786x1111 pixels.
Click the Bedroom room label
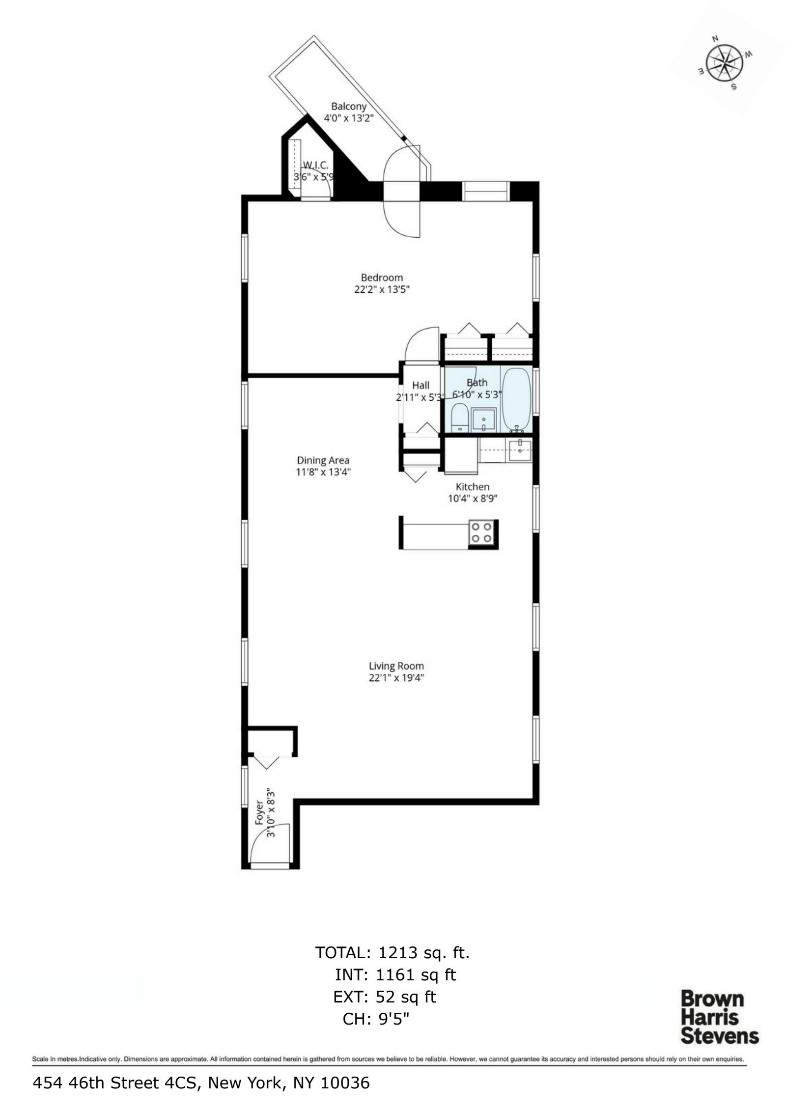382,278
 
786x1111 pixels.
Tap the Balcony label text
349,106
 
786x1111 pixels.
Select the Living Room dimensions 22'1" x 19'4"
396,678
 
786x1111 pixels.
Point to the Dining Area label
323,460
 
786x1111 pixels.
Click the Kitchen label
473,487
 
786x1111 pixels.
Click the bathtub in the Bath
516,399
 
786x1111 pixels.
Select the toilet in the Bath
460,417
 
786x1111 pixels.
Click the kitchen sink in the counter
520,449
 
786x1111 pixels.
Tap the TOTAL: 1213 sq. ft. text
393,952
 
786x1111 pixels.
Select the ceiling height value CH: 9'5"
376,1019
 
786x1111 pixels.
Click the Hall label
421,385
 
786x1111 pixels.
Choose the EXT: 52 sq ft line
385,997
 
